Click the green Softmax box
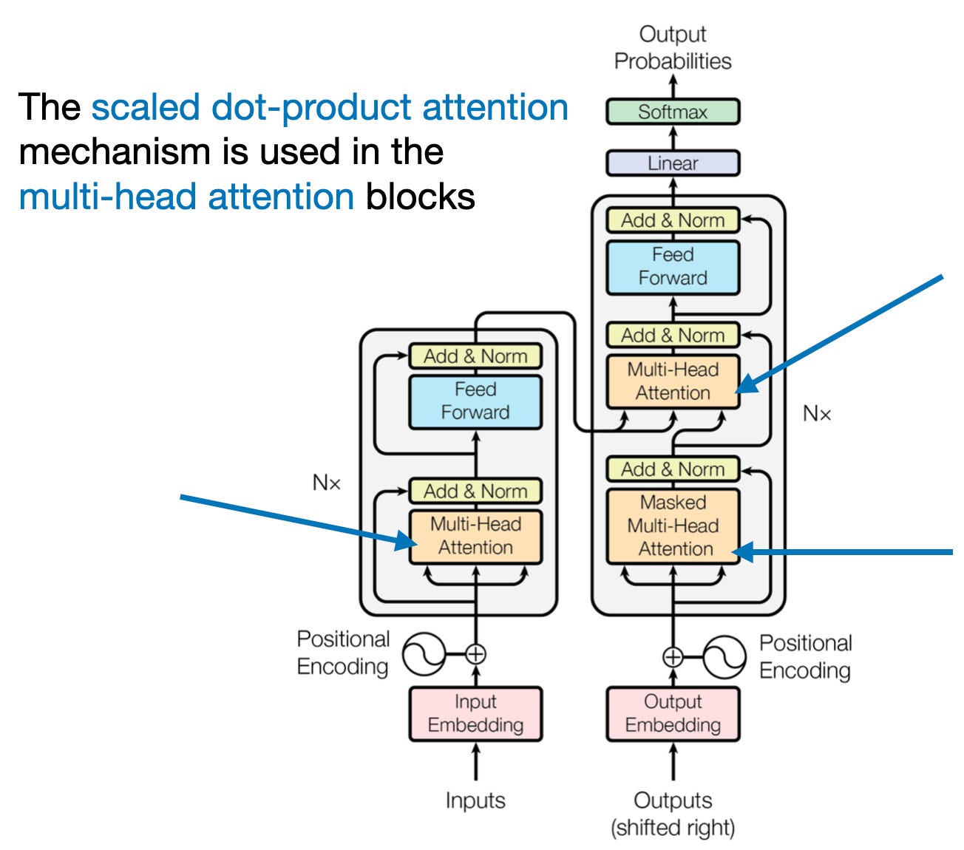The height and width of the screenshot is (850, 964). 672,112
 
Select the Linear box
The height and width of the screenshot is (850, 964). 672,163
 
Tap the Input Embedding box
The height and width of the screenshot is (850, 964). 475,713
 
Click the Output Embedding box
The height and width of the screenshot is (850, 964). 672,713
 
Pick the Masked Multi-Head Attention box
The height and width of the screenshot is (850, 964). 672,526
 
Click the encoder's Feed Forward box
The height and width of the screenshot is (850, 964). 475,401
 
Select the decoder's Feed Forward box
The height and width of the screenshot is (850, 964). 672,267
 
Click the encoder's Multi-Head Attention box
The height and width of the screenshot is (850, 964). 475,536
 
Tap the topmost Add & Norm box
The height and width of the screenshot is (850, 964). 672,220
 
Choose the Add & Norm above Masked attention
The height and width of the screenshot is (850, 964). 672,469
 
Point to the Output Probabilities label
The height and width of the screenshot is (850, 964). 672,48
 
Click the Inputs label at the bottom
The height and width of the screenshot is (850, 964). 475,800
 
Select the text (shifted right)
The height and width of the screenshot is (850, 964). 672,828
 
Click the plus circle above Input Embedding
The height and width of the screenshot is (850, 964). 475,654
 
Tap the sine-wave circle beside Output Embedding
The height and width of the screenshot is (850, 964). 724,656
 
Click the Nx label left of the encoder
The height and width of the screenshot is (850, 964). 326,483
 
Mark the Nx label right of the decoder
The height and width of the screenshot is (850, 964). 817,414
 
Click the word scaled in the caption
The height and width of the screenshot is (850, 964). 146,108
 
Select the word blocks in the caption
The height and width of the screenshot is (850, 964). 420,197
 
